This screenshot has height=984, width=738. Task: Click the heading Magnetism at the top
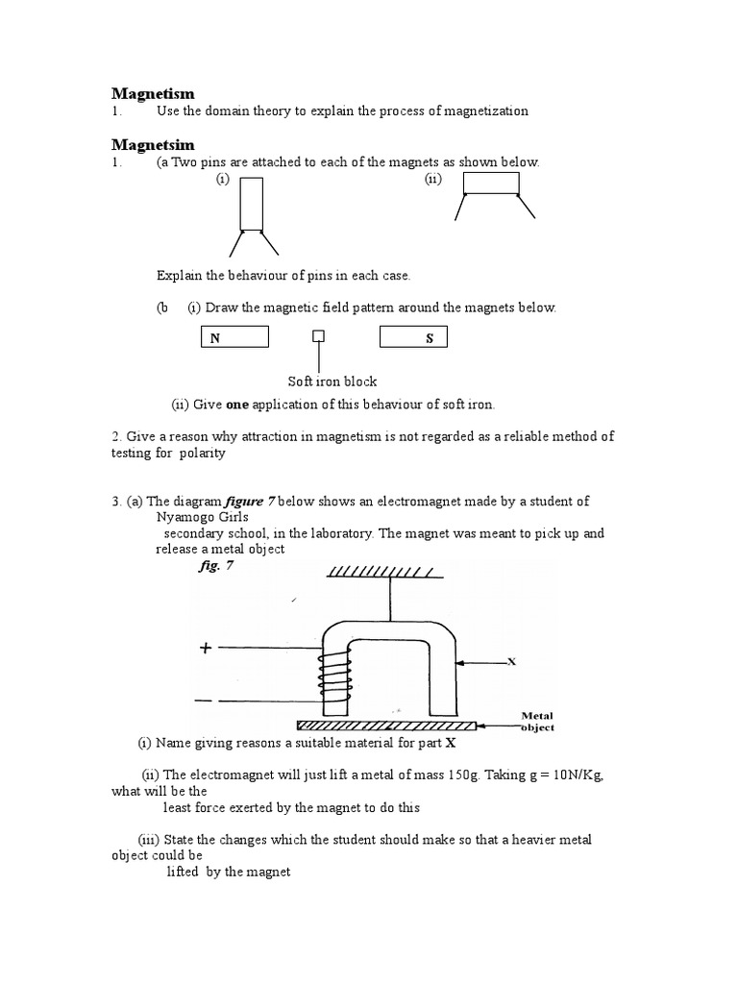click(x=153, y=93)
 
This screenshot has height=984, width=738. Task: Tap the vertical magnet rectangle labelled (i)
click(x=252, y=204)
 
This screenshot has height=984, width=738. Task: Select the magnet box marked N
click(x=234, y=337)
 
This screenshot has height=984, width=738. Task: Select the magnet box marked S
click(x=413, y=337)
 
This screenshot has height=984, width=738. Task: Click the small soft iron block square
click(x=318, y=337)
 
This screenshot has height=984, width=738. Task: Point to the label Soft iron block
click(x=332, y=381)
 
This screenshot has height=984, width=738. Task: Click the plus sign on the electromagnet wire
click(x=205, y=649)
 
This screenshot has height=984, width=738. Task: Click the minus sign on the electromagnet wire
click(x=204, y=701)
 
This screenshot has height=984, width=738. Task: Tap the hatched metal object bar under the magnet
click(x=385, y=724)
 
